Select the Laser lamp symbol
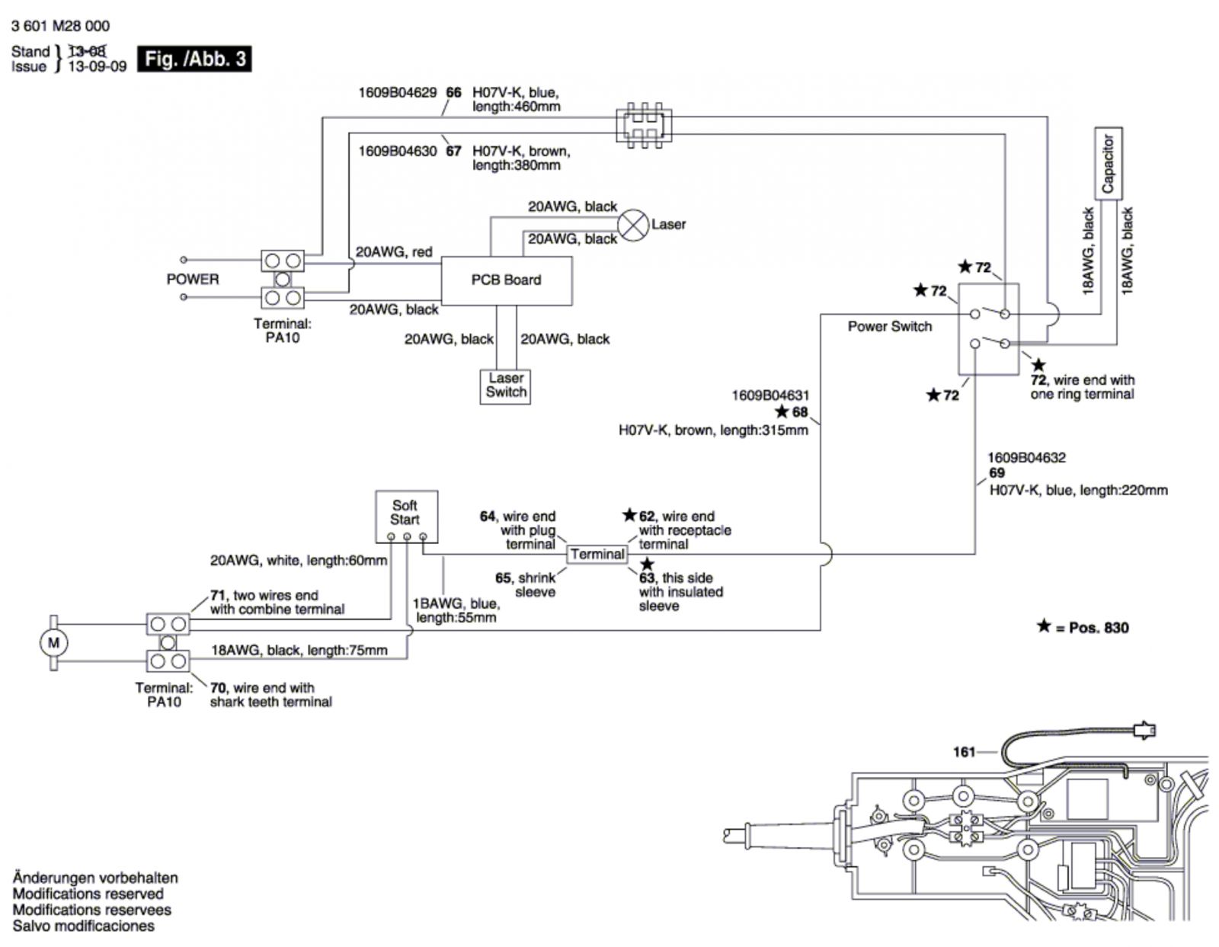(633, 226)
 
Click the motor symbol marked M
(54, 642)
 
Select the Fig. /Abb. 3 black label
(194, 59)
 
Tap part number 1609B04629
(397, 92)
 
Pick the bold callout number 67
(453, 152)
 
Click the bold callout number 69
(997, 473)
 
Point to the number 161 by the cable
(964, 752)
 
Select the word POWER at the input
(193, 279)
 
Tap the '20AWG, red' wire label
(394, 252)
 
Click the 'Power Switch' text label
(890, 326)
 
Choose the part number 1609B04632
(1026, 458)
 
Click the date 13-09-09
(97, 67)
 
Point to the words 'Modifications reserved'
(88, 894)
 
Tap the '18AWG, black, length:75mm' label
(299, 651)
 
